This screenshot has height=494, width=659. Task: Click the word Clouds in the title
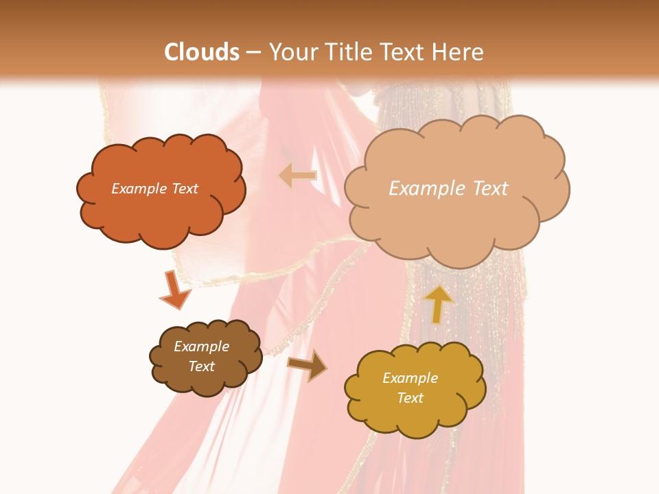click(203, 51)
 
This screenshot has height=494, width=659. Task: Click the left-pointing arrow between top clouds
click(299, 176)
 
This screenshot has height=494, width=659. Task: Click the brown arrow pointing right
click(307, 366)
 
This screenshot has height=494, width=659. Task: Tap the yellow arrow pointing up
click(438, 303)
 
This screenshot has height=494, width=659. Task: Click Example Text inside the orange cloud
click(154, 189)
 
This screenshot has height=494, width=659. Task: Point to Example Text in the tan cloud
click(448, 189)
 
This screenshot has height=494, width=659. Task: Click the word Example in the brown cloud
click(201, 346)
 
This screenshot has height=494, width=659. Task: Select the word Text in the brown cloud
click(201, 366)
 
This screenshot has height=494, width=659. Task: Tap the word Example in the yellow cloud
click(410, 378)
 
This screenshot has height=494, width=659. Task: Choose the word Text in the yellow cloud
click(410, 398)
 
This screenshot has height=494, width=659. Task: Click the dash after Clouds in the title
click(254, 51)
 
